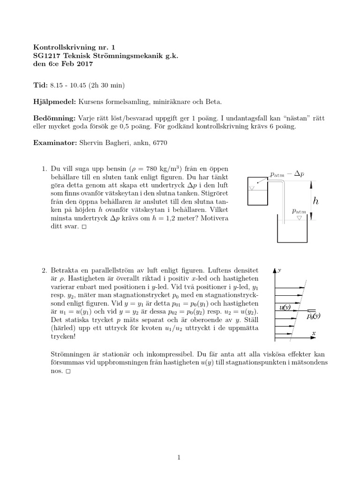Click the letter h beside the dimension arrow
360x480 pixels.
click(316, 201)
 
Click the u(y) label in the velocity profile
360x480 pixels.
click(285, 307)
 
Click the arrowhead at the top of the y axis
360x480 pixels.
click(274, 270)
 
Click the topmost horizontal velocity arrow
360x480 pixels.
click(291, 280)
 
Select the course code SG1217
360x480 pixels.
click(47, 56)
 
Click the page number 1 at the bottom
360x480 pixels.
click(179, 458)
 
